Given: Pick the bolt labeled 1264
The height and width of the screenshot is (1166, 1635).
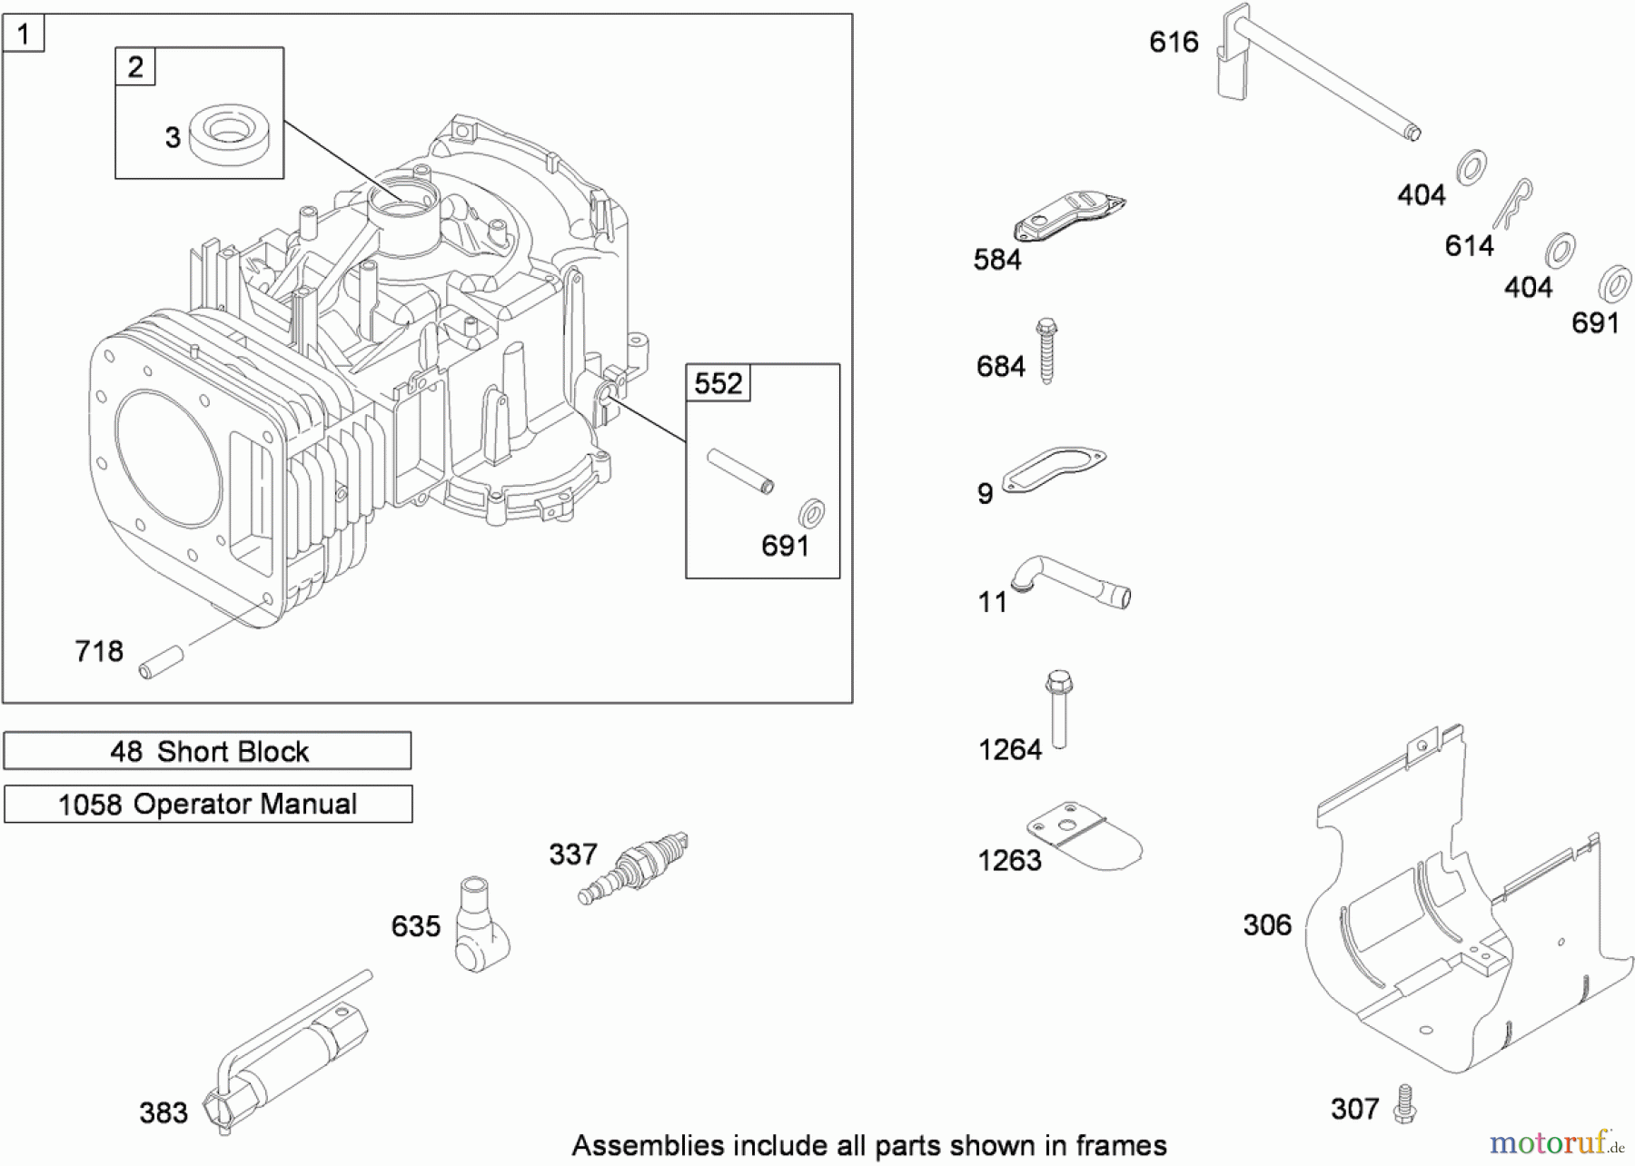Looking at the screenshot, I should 1058,708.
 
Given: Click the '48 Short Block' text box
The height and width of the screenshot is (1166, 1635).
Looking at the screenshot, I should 207,751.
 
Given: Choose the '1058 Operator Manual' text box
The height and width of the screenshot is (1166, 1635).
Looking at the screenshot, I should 208,804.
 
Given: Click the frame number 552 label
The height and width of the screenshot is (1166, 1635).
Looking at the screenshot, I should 718,383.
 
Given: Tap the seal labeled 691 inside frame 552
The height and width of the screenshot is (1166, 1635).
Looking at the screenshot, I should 810,514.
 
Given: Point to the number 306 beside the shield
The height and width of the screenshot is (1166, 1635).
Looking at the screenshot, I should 1266,924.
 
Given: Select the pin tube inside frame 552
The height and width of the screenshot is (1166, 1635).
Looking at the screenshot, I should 740,470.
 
